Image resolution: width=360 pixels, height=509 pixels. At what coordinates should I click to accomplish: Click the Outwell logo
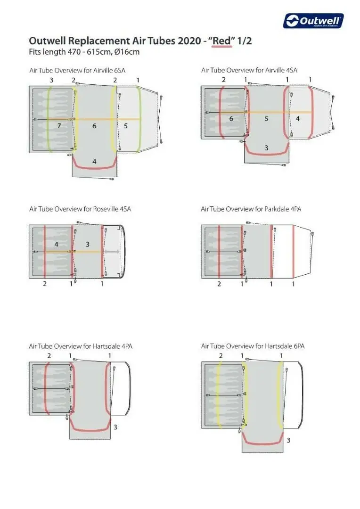click(x=313, y=21)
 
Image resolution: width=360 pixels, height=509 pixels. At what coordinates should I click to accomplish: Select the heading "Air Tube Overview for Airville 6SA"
click(x=77, y=70)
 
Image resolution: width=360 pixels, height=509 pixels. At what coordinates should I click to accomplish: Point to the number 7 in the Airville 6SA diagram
click(x=59, y=126)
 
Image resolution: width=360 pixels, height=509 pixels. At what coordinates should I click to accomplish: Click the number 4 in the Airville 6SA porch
click(x=94, y=161)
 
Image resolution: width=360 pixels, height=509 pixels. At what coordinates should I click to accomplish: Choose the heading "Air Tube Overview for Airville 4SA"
click(x=249, y=70)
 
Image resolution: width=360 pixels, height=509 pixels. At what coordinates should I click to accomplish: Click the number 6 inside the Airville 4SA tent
click(x=231, y=119)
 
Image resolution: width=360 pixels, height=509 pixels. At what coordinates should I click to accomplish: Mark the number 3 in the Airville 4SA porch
click(x=266, y=148)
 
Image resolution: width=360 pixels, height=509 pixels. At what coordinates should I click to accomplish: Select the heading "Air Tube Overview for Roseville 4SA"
click(x=80, y=209)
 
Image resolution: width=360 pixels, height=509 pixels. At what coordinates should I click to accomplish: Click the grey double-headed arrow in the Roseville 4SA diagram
click(x=112, y=252)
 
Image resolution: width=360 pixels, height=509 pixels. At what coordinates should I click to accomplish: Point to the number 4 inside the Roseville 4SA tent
click(x=57, y=244)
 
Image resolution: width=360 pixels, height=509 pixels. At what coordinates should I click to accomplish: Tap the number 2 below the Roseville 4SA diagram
click(x=45, y=284)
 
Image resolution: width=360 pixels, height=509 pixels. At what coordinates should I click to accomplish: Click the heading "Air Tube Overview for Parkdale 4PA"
click(x=251, y=209)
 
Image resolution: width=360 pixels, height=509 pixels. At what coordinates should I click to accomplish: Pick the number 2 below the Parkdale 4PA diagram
click(x=219, y=284)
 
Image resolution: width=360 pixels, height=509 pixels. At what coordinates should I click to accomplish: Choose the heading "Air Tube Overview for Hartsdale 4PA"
click(x=81, y=346)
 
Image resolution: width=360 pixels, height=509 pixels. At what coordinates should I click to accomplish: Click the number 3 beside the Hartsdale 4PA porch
click(x=115, y=427)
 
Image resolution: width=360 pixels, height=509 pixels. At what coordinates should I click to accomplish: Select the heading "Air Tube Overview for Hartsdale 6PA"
click(x=253, y=346)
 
